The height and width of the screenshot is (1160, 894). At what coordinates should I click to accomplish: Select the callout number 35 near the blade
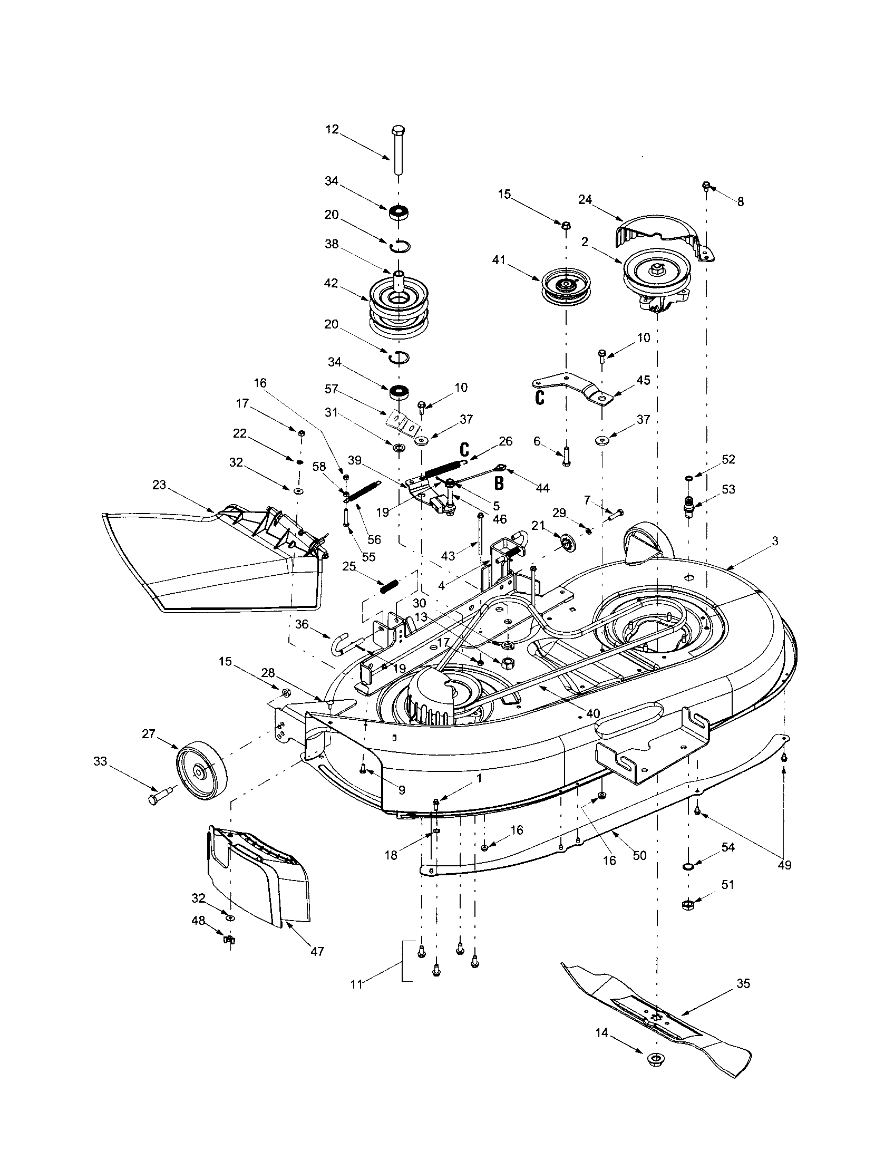[x=743, y=984]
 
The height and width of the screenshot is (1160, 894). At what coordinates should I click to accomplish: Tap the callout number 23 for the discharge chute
[x=159, y=485]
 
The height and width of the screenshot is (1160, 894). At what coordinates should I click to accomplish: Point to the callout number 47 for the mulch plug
[x=317, y=951]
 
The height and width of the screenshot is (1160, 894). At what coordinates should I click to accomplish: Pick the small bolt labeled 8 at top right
[x=706, y=186]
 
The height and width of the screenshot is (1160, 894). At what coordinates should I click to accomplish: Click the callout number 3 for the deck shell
[x=775, y=541]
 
